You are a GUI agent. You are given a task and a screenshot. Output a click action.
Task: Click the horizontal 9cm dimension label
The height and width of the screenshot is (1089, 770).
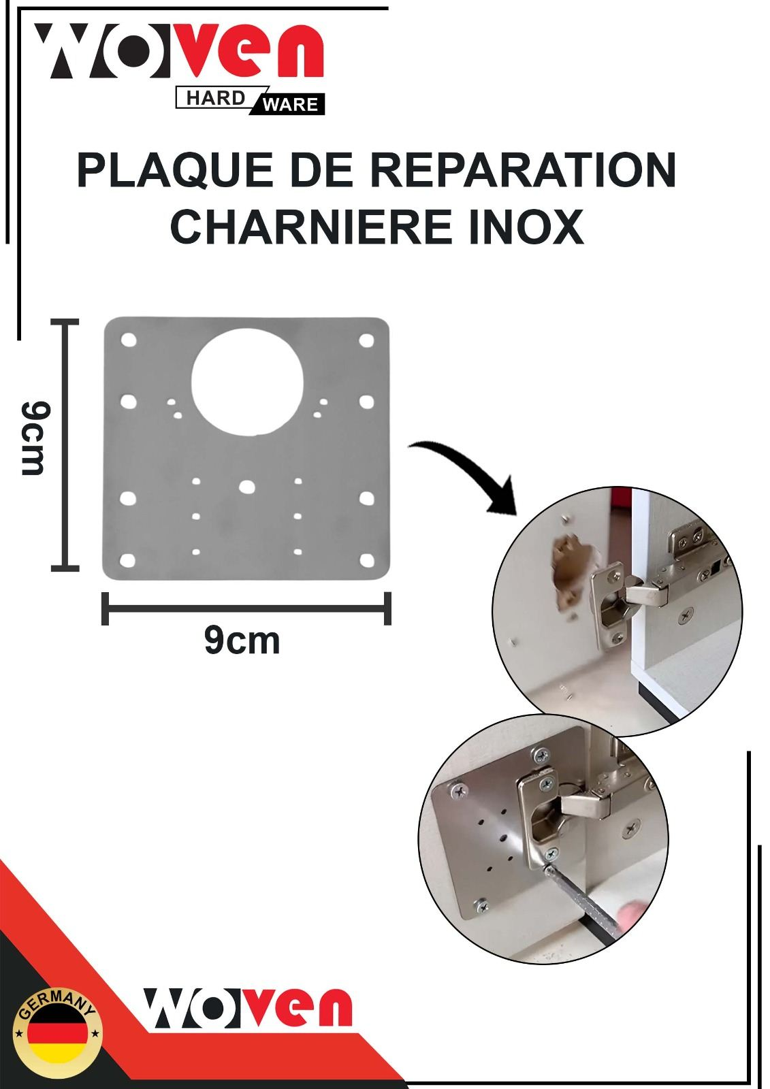(242, 640)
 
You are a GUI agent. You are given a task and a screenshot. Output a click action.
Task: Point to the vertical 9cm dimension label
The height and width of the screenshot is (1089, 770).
(35, 438)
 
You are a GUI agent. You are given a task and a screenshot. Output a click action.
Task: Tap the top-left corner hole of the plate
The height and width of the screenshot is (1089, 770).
(128, 340)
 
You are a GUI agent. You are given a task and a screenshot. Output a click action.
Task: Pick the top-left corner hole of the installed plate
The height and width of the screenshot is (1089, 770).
(455, 791)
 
